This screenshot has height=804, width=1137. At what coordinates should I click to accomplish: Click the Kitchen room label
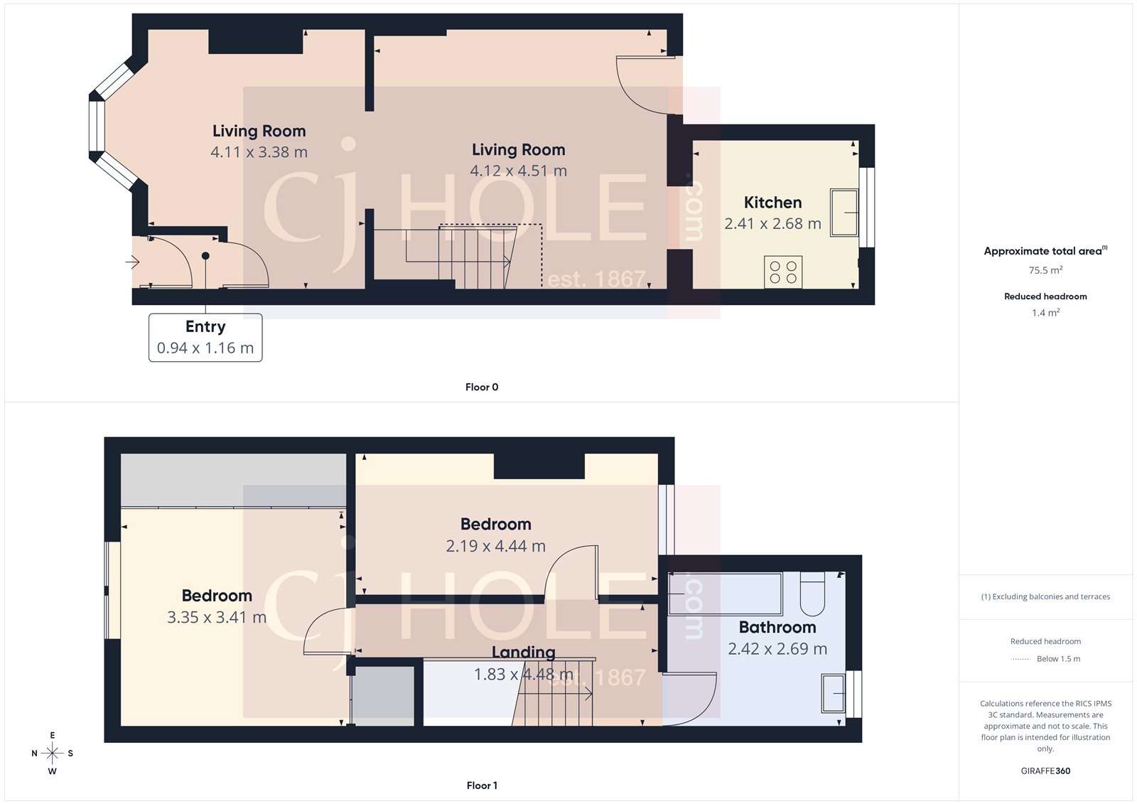pyautogui.click(x=772, y=203)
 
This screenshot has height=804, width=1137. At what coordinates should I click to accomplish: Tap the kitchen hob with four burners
pyautogui.click(x=783, y=272)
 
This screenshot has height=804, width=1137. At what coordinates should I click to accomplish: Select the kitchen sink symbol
pyautogui.click(x=844, y=212)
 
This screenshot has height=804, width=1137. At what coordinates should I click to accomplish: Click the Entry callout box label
pyautogui.click(x=205, y=327)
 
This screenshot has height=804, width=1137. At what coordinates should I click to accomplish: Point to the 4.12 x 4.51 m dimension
pyautogui.click(x=518, y=171)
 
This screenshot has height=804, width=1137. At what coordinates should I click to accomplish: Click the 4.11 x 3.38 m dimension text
pyautogui.click(x=259, y=152)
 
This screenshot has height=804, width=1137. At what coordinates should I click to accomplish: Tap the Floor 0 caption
pyautogui.click(x=482, y=387)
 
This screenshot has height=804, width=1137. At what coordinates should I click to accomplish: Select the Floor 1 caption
pyautogui.click(x=482, y=786)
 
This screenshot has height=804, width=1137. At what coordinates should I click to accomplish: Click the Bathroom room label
pyautogui.click(x=777, y=627)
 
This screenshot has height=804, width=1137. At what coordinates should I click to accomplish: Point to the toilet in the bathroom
pyautogui.click(x=812, y=595)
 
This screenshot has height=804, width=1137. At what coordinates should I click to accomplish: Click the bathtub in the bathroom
pyautogui.click(x=725, y=594)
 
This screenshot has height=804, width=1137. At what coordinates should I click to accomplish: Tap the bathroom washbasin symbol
pyautogui.click(x=834, y=693)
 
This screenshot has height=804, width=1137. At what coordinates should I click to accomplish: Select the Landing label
pyautogui.click(x=524, y=652)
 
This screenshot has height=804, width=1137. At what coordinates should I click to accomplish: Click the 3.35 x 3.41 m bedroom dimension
pyautogui.click(x=217, y=618)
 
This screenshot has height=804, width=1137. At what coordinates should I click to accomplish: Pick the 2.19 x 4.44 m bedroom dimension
pyautogui.click(x=495, y=547)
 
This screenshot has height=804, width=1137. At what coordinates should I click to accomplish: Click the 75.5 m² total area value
pyautogui.click(x=1045, y=270)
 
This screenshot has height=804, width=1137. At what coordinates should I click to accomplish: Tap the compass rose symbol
pyautogui.click(x=52, y=753)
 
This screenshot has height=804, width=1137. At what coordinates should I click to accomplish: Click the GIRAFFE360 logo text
pyautogui.click(x=1045, y=771)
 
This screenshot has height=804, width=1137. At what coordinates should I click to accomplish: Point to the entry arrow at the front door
pyautogui.click(x=133, y=262)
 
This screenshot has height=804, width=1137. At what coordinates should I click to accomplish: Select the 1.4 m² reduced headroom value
pyautogui.click(x=1045, y=313)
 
